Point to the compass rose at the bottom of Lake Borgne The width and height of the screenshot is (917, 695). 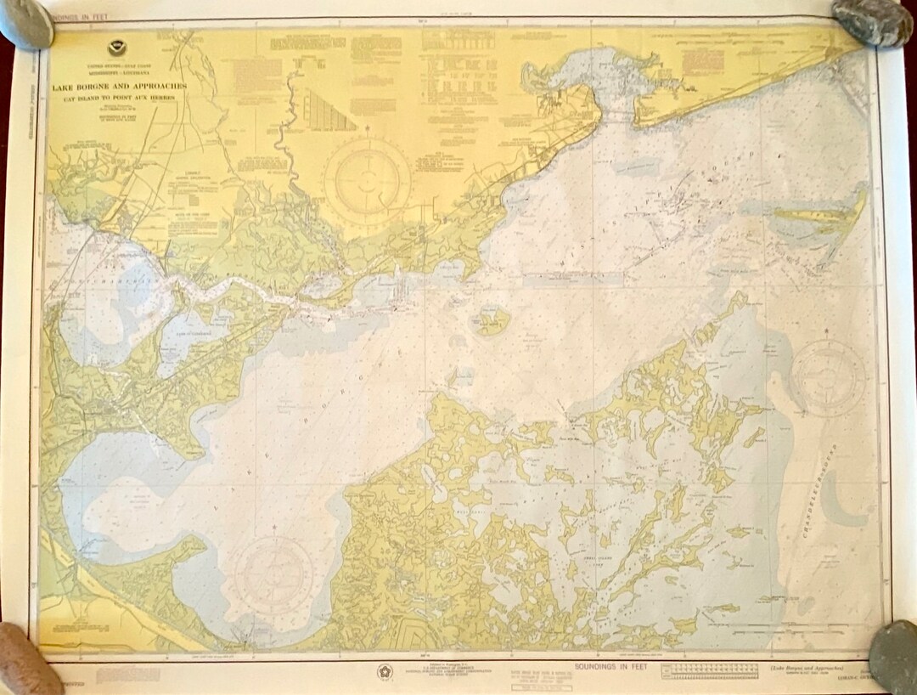click(273, 574)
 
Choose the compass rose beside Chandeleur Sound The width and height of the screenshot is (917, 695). click(828, 376)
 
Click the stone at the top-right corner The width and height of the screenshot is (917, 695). click(871, 21)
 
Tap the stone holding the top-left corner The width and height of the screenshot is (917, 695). click(25, 24)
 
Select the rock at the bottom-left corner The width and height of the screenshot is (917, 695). click(27, 659)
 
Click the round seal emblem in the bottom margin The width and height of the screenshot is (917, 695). click(385, 672)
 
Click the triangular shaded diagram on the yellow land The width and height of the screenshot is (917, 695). click(329, 111)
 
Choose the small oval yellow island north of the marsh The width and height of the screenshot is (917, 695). click(492, 321)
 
